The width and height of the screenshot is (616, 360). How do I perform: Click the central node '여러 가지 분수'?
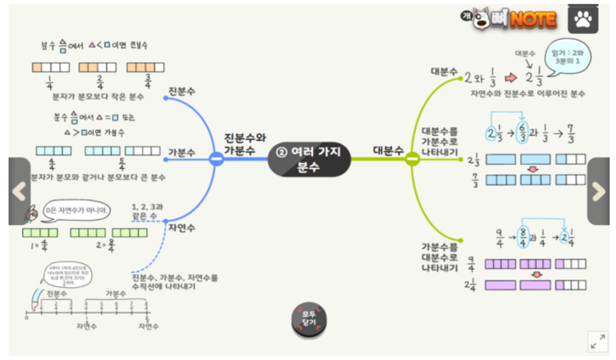(x=309, y=159)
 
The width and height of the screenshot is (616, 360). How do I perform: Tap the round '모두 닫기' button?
(x=309, y=319)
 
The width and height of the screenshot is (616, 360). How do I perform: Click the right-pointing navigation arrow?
(x=598, y=191)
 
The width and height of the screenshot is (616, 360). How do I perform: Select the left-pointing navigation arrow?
(x=19, y=191)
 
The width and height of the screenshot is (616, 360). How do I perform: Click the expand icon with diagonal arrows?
(x=598, y=341)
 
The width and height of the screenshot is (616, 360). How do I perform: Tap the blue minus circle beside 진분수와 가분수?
(x=216, y=159)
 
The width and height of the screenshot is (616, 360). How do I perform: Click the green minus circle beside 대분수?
(x=412, y=159)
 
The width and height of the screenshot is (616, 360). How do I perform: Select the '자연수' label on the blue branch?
(x=182, y=228)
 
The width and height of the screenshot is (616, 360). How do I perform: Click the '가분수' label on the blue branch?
(x=182, y=153)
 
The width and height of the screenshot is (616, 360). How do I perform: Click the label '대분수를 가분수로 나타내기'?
(x=439, y=142)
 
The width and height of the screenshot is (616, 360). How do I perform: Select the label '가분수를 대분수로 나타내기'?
(x=439, y=257)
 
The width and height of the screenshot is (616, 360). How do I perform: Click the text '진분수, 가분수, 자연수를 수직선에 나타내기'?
(x=175, y=282)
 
